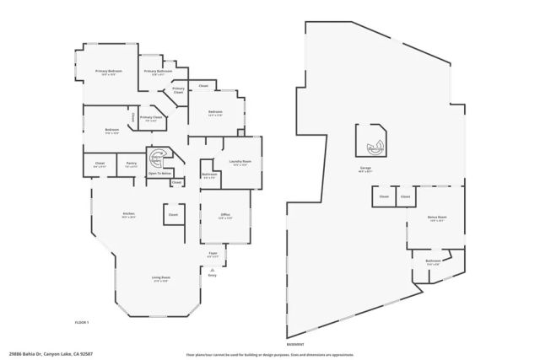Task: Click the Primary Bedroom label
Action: point(115,72)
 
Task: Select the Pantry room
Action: point(131,164)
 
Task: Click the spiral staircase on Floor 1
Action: point(157,157)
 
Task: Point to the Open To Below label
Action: point(159,174)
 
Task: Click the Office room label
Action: point(225,216)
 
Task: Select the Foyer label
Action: point(213,254)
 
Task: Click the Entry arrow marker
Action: point(212,269)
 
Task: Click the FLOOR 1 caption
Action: point(82,324)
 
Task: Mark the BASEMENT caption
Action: point(295,344)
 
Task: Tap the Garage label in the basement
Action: point(365,169)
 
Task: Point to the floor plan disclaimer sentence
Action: point(270,355)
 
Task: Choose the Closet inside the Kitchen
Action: point(173,215)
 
